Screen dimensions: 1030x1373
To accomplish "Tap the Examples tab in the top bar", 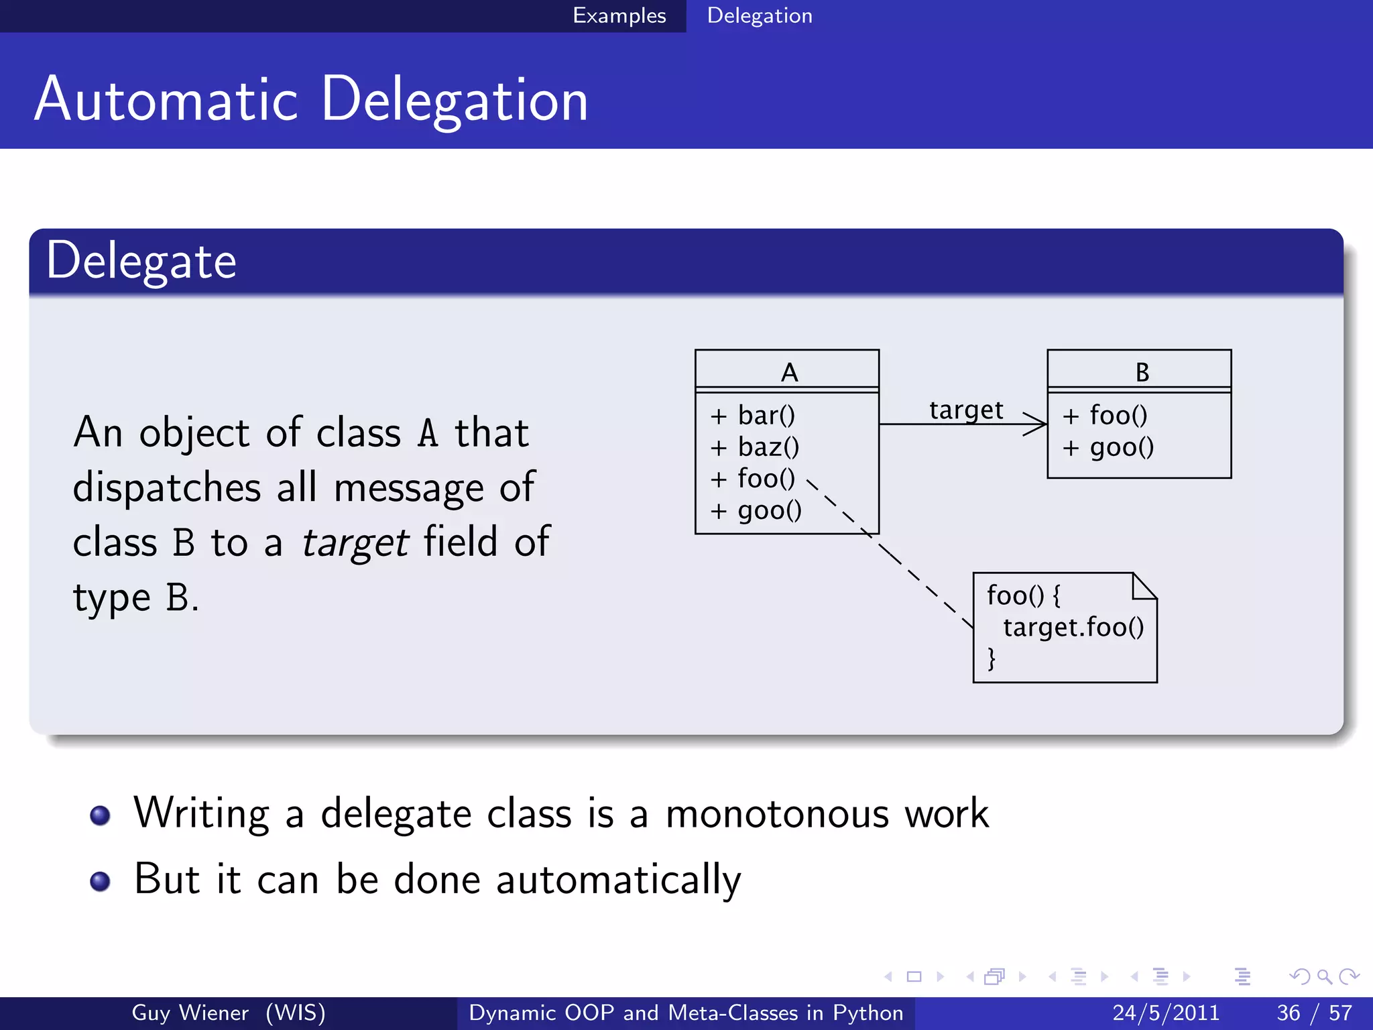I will click(619, 15).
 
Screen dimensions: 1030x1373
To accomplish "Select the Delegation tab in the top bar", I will click(759, 15).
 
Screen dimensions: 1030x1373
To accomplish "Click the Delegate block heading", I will click(141, 262).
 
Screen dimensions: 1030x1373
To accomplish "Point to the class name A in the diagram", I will click(789, 372).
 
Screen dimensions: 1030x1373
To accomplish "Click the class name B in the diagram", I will click(1142, 372).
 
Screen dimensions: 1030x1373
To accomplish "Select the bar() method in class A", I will click(766, 416).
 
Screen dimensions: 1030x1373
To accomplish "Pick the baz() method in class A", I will click(768, 447).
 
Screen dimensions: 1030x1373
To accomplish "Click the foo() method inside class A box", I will click(766, 479).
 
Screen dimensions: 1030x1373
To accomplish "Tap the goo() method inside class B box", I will click(1121, 447).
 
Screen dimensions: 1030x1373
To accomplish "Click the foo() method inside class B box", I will click(1118, 416).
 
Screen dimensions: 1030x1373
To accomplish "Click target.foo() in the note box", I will click(1073, 628).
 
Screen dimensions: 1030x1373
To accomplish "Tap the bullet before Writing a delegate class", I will click(100, 815).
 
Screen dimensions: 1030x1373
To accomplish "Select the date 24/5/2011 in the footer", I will click(1165, 1013).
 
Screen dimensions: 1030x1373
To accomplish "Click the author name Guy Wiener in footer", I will click(190, 1013).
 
